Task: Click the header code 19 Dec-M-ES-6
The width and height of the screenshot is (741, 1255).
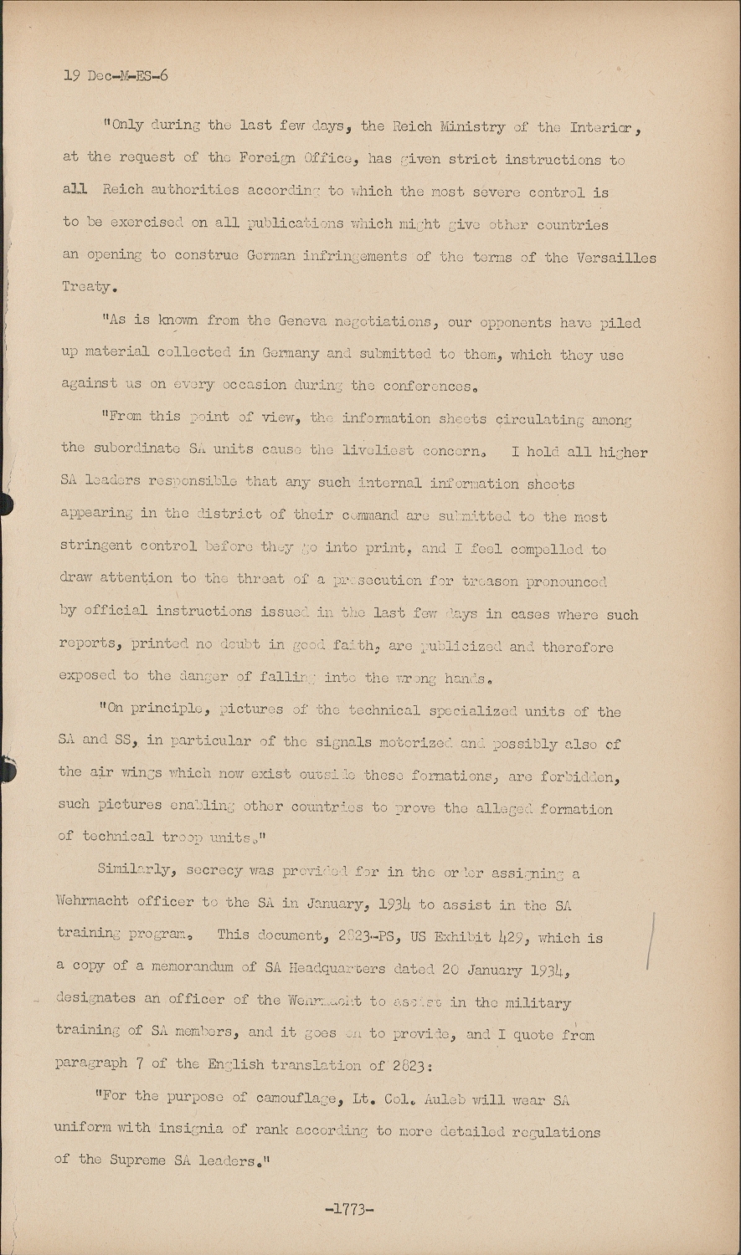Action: click(x=115, y=75)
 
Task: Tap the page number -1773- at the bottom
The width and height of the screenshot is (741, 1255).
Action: click(x=348, y=1208)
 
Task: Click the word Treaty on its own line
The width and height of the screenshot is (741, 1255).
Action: click(x=88, y=287)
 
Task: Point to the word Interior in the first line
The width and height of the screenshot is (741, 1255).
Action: click(x=605, y=128)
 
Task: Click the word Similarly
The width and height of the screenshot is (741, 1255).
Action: click(x=135, y=870)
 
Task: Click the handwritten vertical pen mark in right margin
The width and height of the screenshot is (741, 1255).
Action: click(x=651, y=940)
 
